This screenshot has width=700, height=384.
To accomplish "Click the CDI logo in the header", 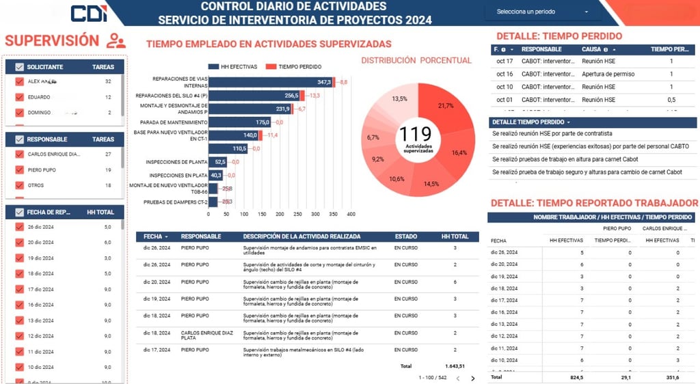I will pyautogui.click(x=88, y=13).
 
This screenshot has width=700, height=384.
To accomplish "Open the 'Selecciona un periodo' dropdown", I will pyautogui.click(x=543, y=12).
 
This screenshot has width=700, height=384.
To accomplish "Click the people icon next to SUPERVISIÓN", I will pyautogui.click(x=116, y=41).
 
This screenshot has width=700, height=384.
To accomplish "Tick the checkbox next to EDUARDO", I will pyautogui.click(x=19, y=97).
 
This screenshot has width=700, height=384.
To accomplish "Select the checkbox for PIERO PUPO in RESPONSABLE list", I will pyautogui.click(x=19, y=169).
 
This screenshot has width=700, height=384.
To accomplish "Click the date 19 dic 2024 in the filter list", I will pyautogui.click(x=40, y=258).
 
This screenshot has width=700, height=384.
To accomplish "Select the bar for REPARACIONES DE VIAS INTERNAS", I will pyautogui.click(x=271, y=82).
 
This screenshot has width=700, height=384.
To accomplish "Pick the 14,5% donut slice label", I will pyautogui.click(x=431, y=184).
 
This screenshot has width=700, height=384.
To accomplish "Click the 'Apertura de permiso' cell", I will pyautogui.click(x=608, y=74).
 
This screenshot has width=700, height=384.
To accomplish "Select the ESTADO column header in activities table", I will pyautogui.click(x=405, y=236).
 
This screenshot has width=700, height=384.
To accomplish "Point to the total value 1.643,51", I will pyautogui.click(x=454, y=366).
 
